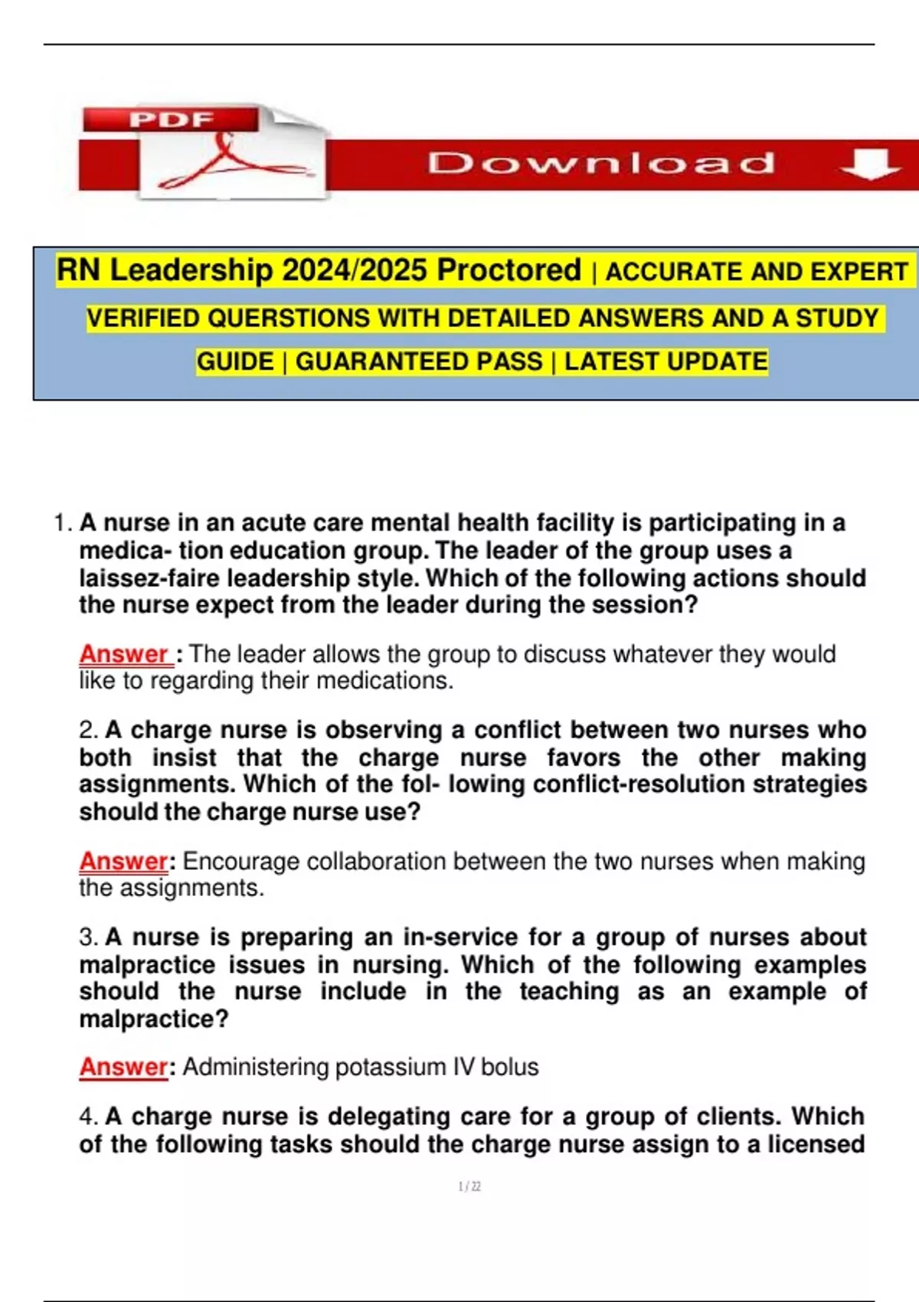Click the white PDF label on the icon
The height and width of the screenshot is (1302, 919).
pos(172,119)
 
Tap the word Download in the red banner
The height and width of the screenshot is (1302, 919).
pos(600,163)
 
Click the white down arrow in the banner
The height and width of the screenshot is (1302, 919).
pos(869,164)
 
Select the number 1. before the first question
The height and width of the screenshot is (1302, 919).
pos(64,523)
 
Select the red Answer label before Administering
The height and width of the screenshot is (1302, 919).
pos(123,1067)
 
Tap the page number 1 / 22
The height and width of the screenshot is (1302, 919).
pos(469,1186)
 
